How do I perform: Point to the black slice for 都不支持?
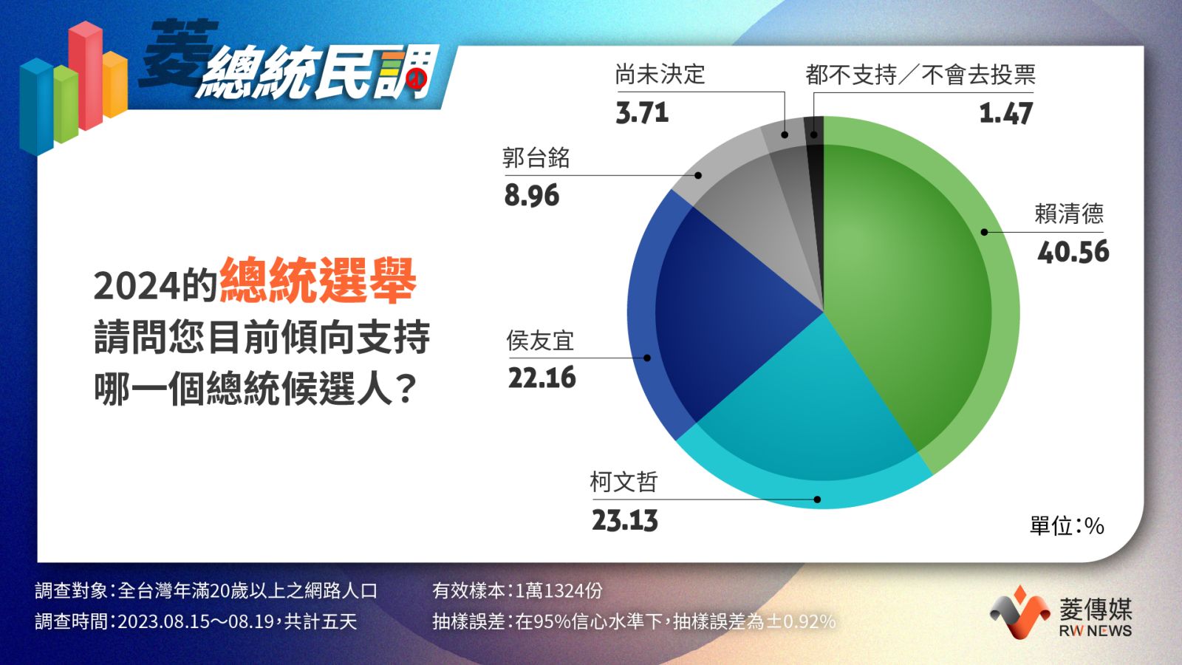816,211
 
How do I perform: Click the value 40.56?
1073,252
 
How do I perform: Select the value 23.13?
625,520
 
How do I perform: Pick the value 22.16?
542,378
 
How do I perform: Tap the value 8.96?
531,195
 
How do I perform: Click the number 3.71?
642,113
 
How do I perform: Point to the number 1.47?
1005,114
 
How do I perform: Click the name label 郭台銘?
536,158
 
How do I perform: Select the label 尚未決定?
660,75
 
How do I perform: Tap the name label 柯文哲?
624,482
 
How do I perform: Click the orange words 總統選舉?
318,280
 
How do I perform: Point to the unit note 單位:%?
1067,525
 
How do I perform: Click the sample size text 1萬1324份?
558,590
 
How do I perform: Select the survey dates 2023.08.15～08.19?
196,621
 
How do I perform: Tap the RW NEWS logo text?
1096,631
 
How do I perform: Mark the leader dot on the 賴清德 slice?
984,232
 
